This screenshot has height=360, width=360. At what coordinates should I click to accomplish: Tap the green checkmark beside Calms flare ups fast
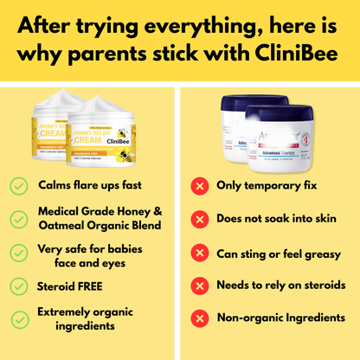click(x=17, y=185)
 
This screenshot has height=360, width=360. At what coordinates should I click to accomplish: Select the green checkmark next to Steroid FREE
click(x=17, y=285)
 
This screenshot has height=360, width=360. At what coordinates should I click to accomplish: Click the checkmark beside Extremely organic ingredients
click(x=17, y=318)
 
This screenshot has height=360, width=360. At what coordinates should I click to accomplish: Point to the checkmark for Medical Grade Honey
click(x=17, y=218)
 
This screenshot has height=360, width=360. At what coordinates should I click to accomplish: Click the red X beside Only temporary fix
click(x=200, y=185)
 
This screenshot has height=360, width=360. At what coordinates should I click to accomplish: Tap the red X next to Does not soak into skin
click(x=200, y=218)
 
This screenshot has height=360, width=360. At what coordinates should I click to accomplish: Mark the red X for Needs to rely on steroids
click(x=200, y=285)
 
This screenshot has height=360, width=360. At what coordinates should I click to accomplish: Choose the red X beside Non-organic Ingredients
click(x=200, y=318)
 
